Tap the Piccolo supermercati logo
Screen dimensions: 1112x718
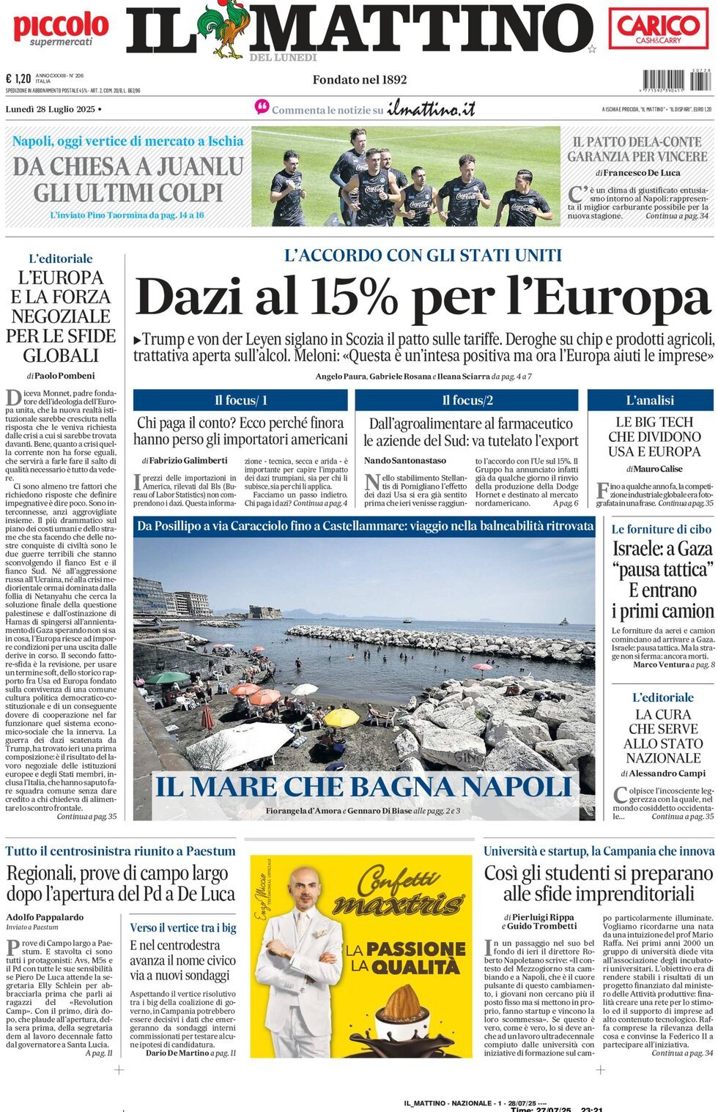pyautogui.click(x=61, y=29)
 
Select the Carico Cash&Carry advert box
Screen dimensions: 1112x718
pyautogui.click(x=658, y=29)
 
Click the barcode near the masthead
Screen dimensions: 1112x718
pyautogui.click(x=676, y=80)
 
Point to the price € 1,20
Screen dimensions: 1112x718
pyautogui.click(x=18, y=78)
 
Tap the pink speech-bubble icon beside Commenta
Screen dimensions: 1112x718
pyautogui.click(x=262, y=108)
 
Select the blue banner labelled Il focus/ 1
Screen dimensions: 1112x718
pyautogui.click(x=240, y=400)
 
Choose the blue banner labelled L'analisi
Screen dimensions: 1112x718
pyautogui.click(x=650, y=400)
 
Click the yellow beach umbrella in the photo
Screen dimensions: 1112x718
pyautogui.click(x=341, y=717)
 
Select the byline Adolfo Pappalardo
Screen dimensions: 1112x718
pyautogui.click(x=45, y=916)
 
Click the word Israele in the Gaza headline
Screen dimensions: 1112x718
pyautogui.click(x=642, y=549)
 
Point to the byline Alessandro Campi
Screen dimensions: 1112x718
pyautogui.click(x=667, y=773)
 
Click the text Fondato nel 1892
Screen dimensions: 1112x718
pyautogui.click(x=359, y=80)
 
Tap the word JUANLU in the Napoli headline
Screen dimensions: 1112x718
pyautogui.click(x=197, y=166)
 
